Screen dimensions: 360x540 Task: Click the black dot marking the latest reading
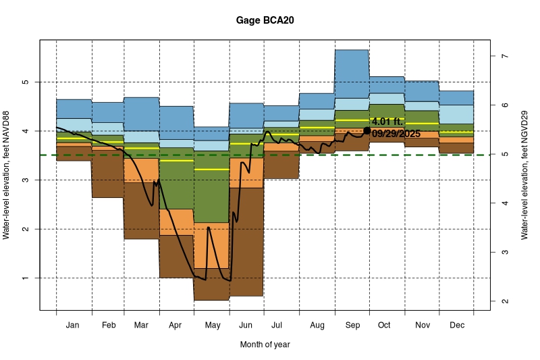click(x=367, y=130)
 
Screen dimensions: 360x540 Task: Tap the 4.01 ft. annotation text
click(x=387, y=122)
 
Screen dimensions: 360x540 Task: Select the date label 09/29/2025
click(x=396, y=134)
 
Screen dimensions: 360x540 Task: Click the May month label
click(x=212, y=326)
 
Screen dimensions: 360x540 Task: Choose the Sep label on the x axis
click(x=352, y=326)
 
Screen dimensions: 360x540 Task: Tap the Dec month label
click(x=456, y=326)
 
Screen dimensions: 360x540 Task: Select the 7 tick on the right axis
click(x=503, y=56)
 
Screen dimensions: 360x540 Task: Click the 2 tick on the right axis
click(x=503, y=301)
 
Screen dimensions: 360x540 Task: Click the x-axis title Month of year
click(x=265, y=344)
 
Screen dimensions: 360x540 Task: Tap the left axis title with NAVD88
click(x=8, y=176)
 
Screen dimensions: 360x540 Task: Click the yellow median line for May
click(x=212, y=170)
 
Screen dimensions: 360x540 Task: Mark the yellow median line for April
click(x=176, y=161)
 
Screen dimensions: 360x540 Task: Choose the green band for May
click(x=212, y=196)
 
